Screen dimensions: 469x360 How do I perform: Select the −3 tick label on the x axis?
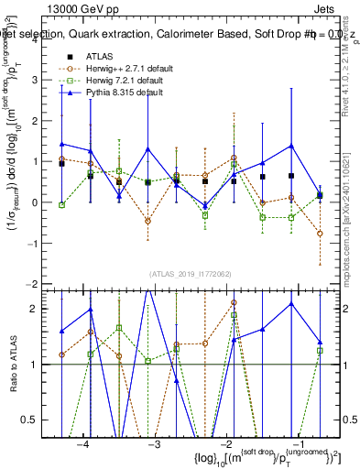[154, 444]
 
